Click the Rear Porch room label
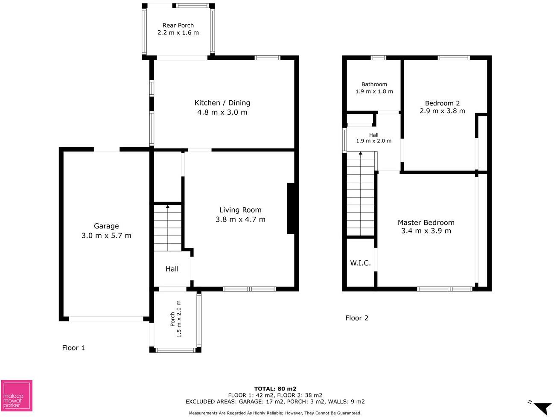pos(178,25)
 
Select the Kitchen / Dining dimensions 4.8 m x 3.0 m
pos(222,112)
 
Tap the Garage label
pos(106,226)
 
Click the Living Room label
pos(240,210)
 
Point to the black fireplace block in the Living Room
pos(291,208)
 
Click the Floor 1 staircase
pos(167,228)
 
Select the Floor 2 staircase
pos(361,194)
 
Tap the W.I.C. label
pos(360,263)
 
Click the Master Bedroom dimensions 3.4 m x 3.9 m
pos(426,231)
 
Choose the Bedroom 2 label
pos(442,103)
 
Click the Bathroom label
pos(374,84)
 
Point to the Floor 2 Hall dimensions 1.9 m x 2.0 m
pos(373,141)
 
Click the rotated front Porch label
pos(172,319)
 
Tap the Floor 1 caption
pos(73,348)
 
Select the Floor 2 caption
pos(357,318)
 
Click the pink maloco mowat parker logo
pos(17,396)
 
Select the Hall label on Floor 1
pos(172,269)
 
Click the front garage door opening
pos(106,319)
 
